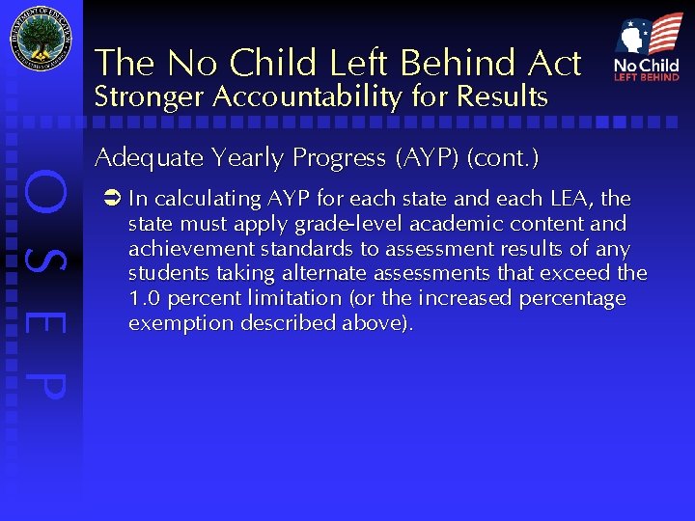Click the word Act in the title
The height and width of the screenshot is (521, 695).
[553, 64]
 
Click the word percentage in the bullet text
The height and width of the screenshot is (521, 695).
[572, 299]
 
